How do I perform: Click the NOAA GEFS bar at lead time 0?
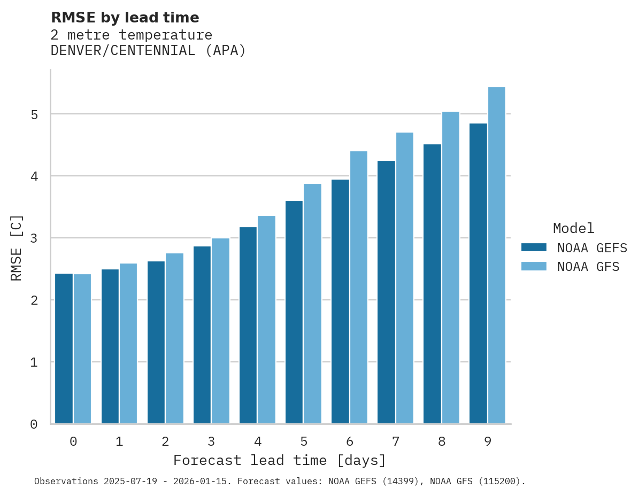point(64,348)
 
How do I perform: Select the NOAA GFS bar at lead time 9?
point(496,255)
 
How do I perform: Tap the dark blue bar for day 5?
point(294,312)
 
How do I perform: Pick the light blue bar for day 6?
point(358,288)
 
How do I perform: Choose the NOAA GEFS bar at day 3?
point(202,335)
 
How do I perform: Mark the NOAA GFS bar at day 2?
point(174,338)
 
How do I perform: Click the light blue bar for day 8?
point(450,267)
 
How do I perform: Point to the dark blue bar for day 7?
point(386,292)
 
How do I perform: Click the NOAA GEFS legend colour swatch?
point(534,247)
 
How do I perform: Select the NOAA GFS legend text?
point(588,267)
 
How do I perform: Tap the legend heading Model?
point(573,228)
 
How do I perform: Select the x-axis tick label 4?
point(258,441)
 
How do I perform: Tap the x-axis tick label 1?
point(119,441)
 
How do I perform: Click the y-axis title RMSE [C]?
point(17,247)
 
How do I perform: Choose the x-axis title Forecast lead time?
point(279,460)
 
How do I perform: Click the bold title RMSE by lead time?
point(125,18)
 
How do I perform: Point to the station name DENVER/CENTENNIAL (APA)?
point(148,51)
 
